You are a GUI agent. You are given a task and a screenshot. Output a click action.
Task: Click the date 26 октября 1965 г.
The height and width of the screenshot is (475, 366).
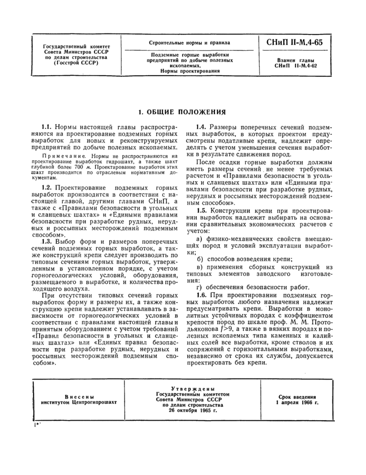coord(192,410)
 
